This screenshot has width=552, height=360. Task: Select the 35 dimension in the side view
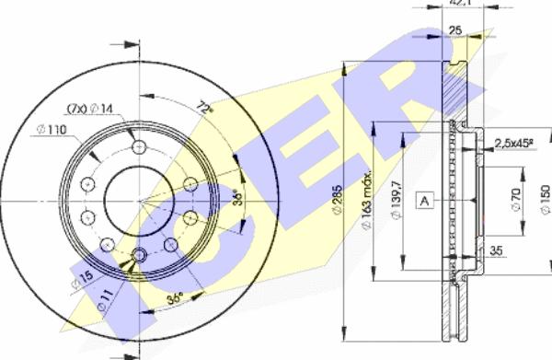(497, 249)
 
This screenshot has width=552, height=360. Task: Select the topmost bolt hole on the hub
(139, 149)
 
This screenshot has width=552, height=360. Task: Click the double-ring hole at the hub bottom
(140, 256)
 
